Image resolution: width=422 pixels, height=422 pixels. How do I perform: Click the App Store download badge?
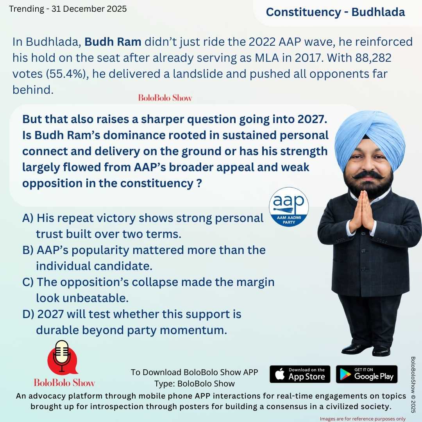(x=300, y=374)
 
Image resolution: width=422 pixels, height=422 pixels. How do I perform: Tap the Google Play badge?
(x=367, y=374)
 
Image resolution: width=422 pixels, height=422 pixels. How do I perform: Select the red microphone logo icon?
(x=62, y=357)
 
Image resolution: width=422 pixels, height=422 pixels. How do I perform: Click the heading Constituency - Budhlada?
(x=335, y=12)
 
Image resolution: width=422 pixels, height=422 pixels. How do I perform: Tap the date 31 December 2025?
(x=89, y=9)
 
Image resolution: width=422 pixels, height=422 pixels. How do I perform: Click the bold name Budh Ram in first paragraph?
(x=113, y=42)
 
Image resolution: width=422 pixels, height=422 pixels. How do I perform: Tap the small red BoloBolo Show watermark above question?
(x=165, y=98)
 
